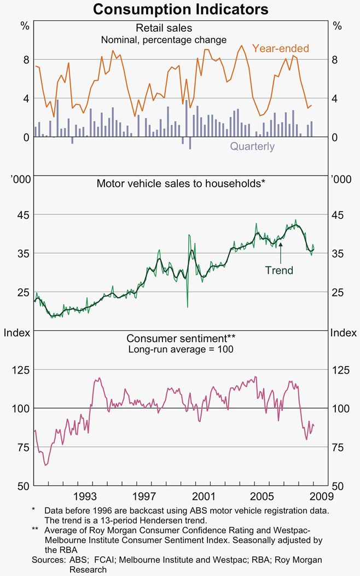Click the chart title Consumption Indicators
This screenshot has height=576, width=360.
[180, 9]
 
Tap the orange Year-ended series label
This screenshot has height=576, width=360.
[281, 49]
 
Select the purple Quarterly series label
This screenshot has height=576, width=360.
[252, 147]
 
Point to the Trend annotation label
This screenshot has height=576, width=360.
[279, 270]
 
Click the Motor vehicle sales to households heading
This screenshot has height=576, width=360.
[181, 183]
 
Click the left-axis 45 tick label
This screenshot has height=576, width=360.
[21, 214]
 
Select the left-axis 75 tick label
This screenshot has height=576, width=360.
[21, 447]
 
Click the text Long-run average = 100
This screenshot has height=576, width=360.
[181, 349]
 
